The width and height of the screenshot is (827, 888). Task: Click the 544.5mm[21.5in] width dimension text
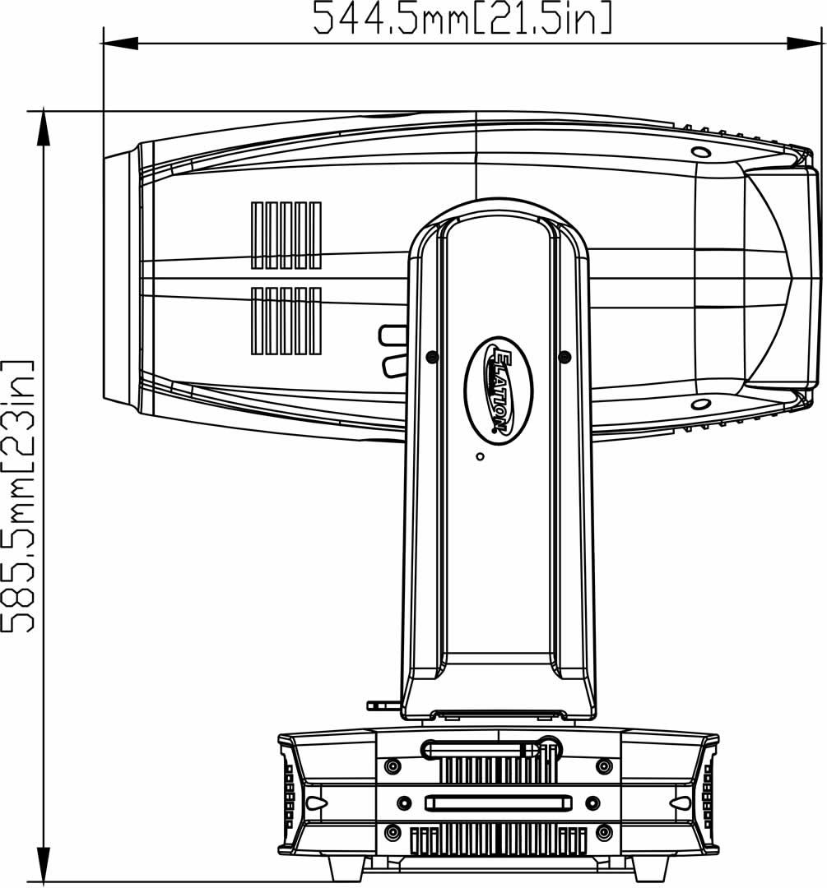[x=463, y=18]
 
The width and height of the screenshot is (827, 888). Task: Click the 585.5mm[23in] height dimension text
[x=18, y=496]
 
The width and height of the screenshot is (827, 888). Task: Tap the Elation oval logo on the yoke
[x=499, y=391]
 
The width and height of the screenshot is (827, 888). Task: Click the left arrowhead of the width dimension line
[x=120, y=43]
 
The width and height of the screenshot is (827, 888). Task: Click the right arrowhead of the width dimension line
[x=804, y=43]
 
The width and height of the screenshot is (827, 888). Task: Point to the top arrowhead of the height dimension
[x=43, y=128]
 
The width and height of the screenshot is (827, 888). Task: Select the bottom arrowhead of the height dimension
[x=43, y=864]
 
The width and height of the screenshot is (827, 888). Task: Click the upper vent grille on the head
[x=286, y=235]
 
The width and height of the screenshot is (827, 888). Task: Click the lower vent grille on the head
[x=286, y=321]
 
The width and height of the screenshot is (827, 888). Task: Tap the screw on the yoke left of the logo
[x=433, y=357]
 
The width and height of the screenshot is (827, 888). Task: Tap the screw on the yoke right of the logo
[x=564, y=357]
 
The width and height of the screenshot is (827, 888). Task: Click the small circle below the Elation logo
[x=480, y=456]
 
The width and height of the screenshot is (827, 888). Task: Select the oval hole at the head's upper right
[x=701, y=152]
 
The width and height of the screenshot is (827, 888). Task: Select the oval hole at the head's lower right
[x=701, y=404]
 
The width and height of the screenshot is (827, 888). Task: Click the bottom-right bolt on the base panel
[x=605, y=833]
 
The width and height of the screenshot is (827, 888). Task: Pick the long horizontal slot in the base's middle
[x=499, y=802]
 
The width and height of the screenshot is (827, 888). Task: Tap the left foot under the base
[x=346, y=867]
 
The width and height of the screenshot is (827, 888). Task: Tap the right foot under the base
[x=651, y=867]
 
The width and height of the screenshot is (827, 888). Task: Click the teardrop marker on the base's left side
[x=316, y=803]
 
